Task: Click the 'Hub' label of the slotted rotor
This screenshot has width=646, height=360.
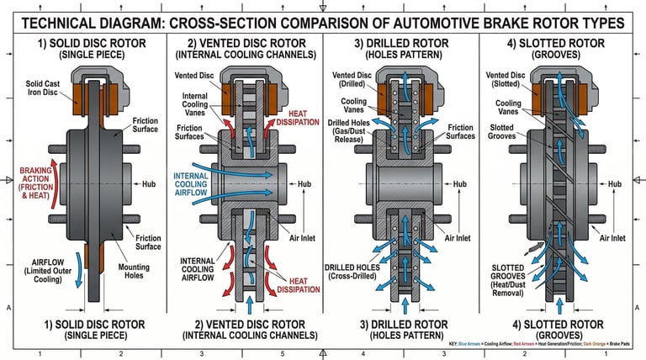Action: [x=615, y=183]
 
